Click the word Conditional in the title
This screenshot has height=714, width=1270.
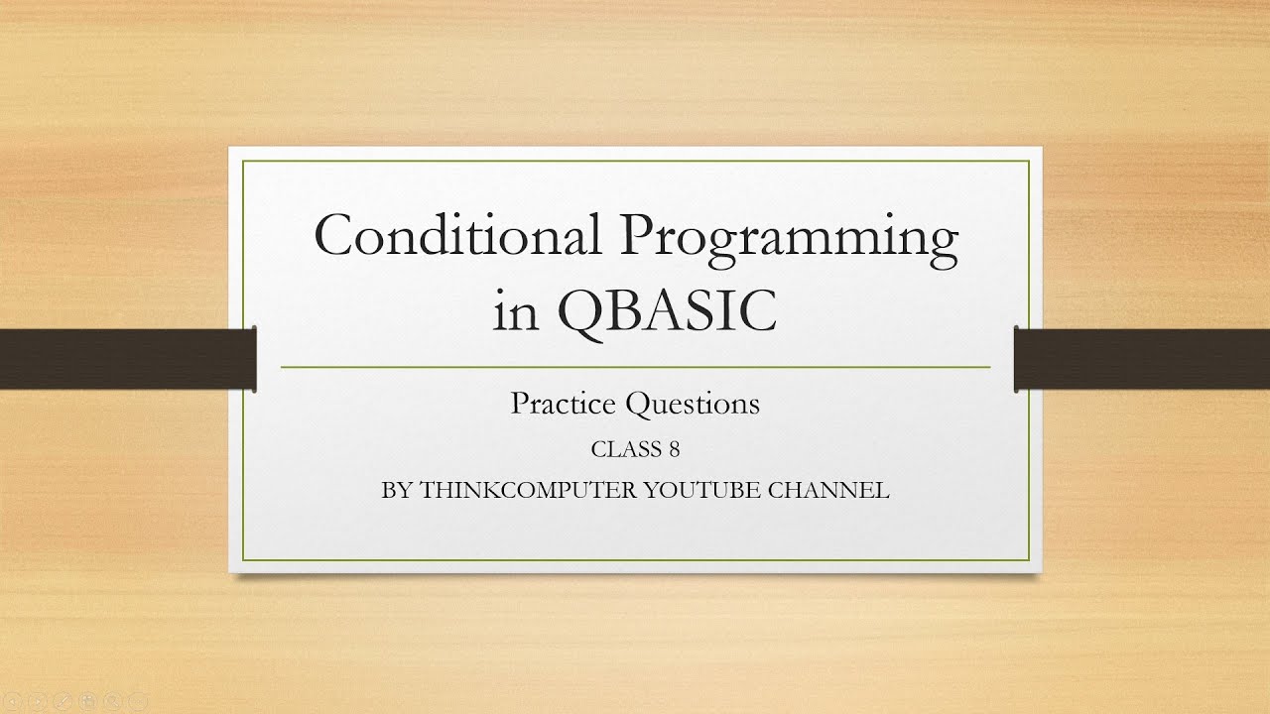coord(457,236)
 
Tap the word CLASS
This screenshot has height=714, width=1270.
coord(625,449)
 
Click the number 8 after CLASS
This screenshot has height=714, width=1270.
coord(674,449)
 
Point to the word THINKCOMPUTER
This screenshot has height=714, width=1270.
coord(528,490)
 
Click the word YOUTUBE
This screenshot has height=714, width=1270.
coord(712,490)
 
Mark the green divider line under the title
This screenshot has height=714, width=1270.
coord(635,367)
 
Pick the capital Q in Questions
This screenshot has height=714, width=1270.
coord(637,405)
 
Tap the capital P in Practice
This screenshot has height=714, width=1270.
coord(518,404)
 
